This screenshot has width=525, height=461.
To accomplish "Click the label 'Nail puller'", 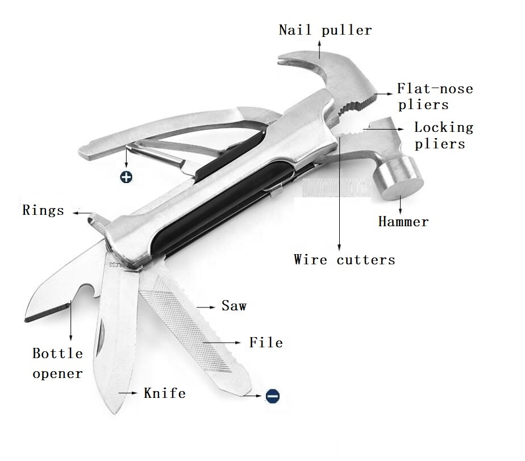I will [x=325, y=30].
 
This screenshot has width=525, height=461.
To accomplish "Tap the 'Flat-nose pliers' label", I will [x=435, y=97].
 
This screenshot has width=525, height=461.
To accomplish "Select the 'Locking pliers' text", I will [x=443, y=135].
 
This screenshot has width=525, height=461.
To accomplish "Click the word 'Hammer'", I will [x=403, y=222].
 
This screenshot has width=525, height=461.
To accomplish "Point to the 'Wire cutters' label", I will [x=344, y=260].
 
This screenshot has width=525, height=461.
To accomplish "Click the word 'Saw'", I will [x=234, y=306].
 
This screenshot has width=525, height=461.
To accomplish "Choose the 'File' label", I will [x=266, y=342].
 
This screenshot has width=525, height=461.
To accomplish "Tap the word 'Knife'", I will [x=164, y=393].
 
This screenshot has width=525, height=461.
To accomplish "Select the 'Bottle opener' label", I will [x=57, y=363].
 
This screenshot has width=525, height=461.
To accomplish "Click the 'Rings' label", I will [x=43, y=210].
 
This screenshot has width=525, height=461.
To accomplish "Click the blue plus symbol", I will [x=126, y=177].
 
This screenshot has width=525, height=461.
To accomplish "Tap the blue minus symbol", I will [x=273, y=396].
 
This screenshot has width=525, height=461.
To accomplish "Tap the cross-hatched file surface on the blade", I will [x=188, y=318].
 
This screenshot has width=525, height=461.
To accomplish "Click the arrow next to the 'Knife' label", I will [x=127, y=393].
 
